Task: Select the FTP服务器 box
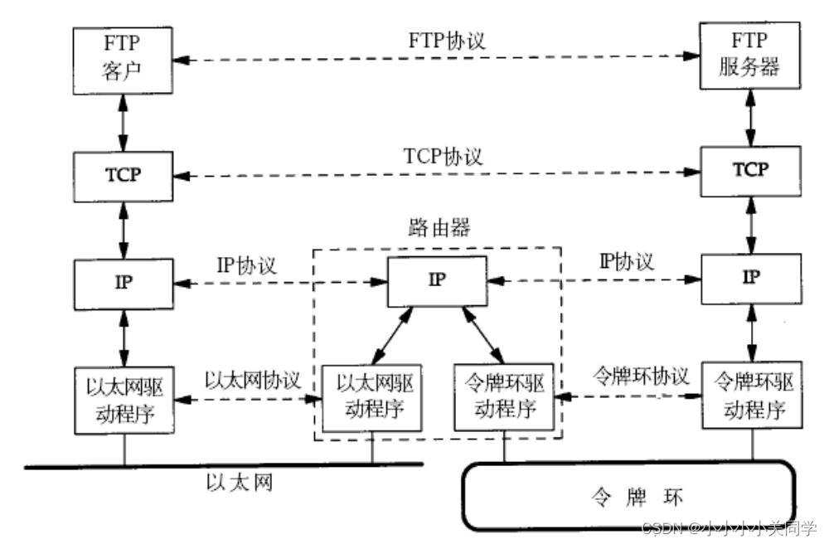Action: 751,55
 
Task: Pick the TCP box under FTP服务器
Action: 751,169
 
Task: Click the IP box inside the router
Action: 438,280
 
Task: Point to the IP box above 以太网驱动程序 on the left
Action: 124,281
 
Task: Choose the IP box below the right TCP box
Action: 751,277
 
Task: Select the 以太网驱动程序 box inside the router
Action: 371,398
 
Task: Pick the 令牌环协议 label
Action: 640,376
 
